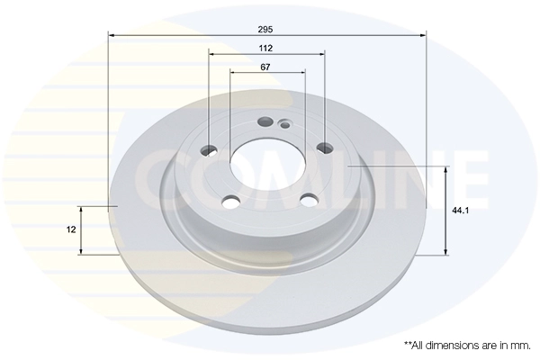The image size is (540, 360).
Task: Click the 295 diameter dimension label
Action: click(x=266, y=28)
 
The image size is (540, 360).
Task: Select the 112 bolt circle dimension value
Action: click(x=266, y=48)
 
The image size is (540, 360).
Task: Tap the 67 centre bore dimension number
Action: click(x=266, y=67)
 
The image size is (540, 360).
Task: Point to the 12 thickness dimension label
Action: click(x=71, y=229)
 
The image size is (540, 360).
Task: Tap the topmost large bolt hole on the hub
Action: click(x=265, y=122)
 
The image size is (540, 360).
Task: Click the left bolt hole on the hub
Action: click(x=209, y=149)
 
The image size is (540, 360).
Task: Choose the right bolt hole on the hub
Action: click(x=324, y=149)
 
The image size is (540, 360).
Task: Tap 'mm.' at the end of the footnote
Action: click(x=519, y=345)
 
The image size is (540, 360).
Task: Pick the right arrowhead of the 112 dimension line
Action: click(x=320, y=55)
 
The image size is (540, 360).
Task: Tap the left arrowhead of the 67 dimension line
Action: click(x=233, y=74)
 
